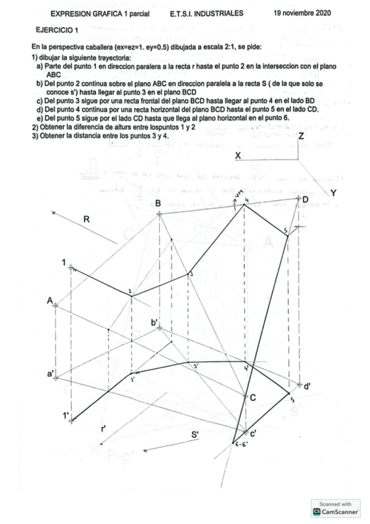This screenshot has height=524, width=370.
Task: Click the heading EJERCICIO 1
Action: (57, 30)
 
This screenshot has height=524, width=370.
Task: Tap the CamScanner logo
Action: (337, 511)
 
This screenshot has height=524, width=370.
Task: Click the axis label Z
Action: (301, 136)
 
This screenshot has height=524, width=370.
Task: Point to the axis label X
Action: (238, 156)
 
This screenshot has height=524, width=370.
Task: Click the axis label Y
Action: (334, 193)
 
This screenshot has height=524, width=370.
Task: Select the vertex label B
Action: (158, 203)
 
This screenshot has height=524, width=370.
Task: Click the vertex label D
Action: (305, 199)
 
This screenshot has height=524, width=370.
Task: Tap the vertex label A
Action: (50, 300)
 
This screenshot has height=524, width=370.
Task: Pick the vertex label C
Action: (253, 398)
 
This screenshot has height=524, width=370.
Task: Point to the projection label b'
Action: (154, 322)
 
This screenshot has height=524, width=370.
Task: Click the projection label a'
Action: (51, 374)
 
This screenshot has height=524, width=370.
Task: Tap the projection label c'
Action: (253, 434)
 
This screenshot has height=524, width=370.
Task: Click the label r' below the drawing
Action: (104, 428)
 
